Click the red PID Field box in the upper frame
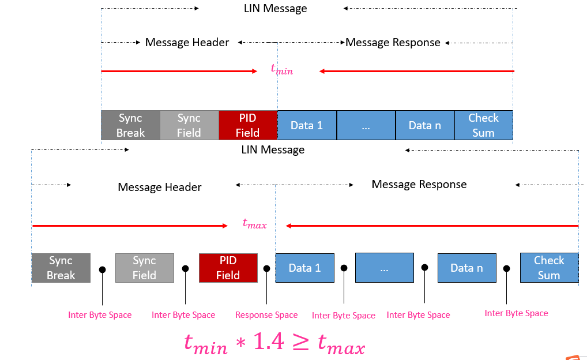[x=248, y=125]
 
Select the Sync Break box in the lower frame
[x=61, y=268]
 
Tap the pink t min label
[x=282, y=69]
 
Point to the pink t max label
[x=254, y=223]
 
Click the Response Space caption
[x=266, y=315]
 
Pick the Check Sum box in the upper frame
[x=483, y=125]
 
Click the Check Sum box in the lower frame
[x=549, y=268]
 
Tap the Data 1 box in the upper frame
[x=307, y=125]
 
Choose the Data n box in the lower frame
[x=466, y=268]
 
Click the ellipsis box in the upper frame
[x=366, y=125]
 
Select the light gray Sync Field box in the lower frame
[x=144, y=268]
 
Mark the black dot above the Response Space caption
[x=266, y=268]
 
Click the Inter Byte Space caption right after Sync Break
[x=100, y=315]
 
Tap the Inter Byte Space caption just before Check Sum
[x=516, y=313]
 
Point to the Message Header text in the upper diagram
[x=187, y=43]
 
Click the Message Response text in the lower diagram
[x=419, y=185]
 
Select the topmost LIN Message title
[x=275, y=9]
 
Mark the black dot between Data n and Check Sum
[x=507, y=268]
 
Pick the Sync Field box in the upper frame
[x=189, y=125]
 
